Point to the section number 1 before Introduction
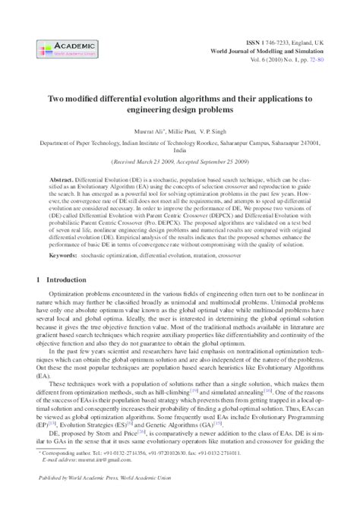pos(39,260)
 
